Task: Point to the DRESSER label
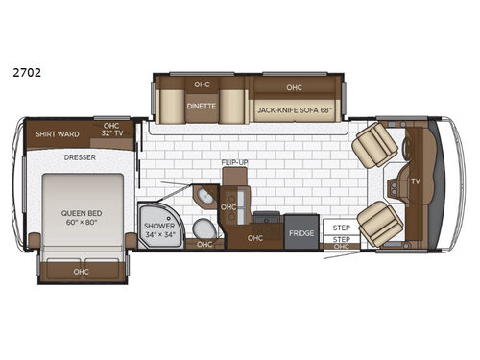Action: click(x=81, y=157)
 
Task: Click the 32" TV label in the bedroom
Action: click(x=112, y=132)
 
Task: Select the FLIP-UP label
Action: click(x=234, y=163)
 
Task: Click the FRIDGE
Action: click(x=300, y=233)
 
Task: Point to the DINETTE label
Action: click(x=202, y=107)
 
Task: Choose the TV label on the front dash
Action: click(x=415, y=180)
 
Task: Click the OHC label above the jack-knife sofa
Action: click(x=294, y=87)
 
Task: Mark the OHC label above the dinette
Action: click(x=202, y=82)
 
